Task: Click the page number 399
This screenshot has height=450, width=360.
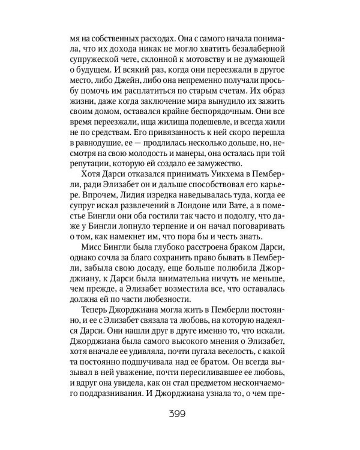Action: (180, 414)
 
